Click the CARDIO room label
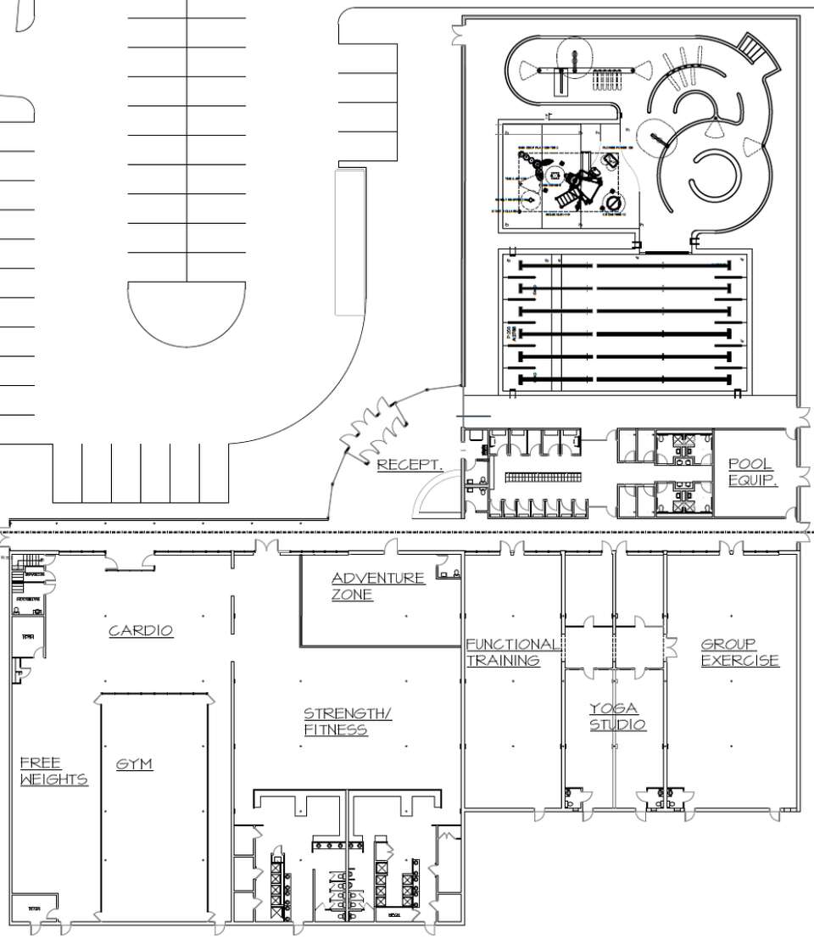(x=141, y=630)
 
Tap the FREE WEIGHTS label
(x=53, y=771)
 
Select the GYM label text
(x=134, y=764)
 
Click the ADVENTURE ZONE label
(x=377, y=586)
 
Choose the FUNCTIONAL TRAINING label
(x=511, y=652)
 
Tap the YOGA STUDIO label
(x=617, y=717)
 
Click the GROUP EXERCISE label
(x=739, y=652)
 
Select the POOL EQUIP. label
(x=752, y=472)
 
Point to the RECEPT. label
(x=410, y=464)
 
